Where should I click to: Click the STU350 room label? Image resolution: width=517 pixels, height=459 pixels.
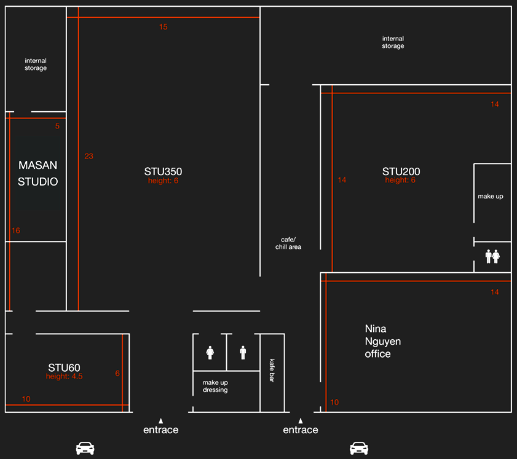tap(163, 171)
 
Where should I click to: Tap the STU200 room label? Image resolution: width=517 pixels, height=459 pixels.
tap(401, 171)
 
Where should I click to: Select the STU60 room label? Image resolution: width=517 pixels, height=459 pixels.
tap(64, 367)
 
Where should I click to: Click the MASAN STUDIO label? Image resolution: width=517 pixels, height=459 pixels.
tap(37, 173)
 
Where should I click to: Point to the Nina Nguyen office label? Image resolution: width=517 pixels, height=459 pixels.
tap(383, 341)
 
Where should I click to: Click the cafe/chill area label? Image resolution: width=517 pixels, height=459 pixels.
tap(288, 243)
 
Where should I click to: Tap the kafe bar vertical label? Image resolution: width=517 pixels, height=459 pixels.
tap(272, 371)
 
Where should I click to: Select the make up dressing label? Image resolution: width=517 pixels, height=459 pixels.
tap(215, 386)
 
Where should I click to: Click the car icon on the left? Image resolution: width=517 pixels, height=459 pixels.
tap(85, 448)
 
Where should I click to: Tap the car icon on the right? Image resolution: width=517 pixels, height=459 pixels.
tap(359, 448)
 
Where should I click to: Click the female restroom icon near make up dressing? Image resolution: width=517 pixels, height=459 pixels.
tap(210, 353)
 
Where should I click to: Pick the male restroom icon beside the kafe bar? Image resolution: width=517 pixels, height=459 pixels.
tap(243, 353)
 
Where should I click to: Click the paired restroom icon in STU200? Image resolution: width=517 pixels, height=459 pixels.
tap(492, 256)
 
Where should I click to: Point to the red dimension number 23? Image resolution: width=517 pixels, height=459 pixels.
tap(89, 156)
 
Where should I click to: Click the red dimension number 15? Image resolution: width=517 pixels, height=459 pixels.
tap(163, 27)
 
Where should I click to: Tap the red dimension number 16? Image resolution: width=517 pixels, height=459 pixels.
tap(16, 230)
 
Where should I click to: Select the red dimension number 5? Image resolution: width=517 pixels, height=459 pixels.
tap(57, 126)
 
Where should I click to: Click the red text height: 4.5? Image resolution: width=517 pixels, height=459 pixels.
tap(65, 376)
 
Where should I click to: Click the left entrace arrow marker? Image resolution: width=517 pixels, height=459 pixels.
tap(160, 421)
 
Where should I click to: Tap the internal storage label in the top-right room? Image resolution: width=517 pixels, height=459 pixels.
tap(393, 42)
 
